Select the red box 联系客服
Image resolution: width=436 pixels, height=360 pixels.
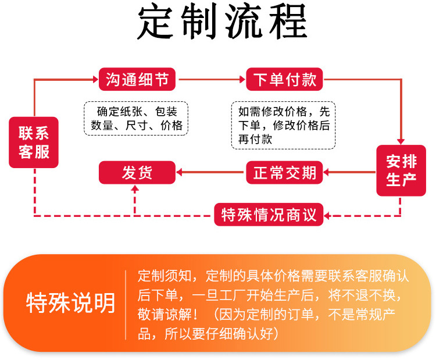tap(34, 142)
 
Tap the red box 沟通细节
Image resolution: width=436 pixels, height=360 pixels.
tap(137, 79)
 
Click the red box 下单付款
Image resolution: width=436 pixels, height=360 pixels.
tap(285, 79)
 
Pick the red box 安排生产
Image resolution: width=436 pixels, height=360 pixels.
tap(401, 170)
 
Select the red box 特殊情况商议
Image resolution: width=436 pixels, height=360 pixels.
tap(269, 215)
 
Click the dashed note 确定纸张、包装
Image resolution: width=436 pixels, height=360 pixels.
tap(137, 118)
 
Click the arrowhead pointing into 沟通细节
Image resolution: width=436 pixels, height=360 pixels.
tap(95, 79)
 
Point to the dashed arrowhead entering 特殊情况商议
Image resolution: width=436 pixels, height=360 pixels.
tap(327, 216)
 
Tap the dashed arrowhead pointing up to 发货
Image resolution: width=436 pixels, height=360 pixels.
tap(135, 190)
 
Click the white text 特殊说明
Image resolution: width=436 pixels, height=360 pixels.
tap(71, 303)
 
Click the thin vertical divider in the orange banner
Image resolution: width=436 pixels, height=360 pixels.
tap(126, 304)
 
